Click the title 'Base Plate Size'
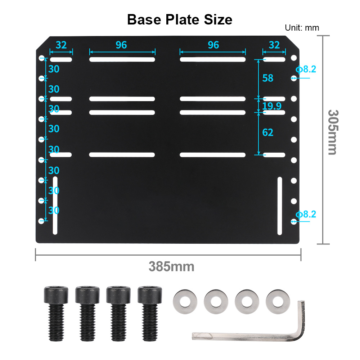pyautogui.click(x=180, y=19)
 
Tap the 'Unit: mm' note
pyautogui.click(x=302, y=28)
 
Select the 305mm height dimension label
pyautogui.click(x=333, y=132)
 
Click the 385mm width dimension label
pyautogui.click(x=171, y=266)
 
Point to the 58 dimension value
pyautogui.click(x=268, y=78)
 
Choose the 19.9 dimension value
pyautogui.click(x=272, y=106)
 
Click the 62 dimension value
pyautogui.click(x=268, y=132)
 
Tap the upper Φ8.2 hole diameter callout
pyautogui.click(x=306, y=69)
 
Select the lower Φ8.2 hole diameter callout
pyautogui.click(x=306, y=214)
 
